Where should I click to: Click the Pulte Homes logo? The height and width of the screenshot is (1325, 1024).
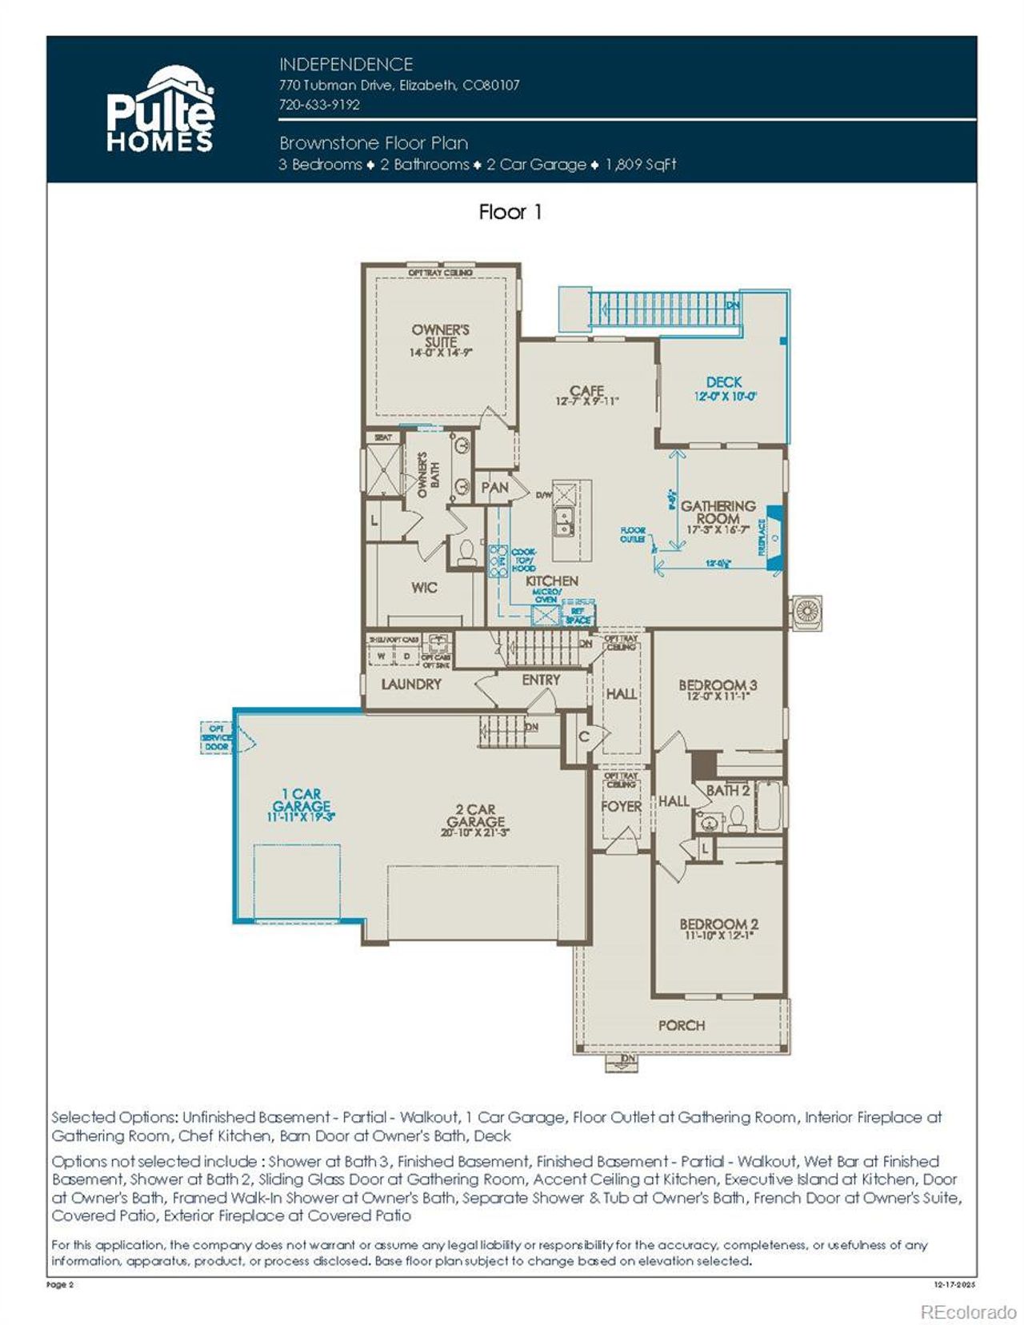(160, 110)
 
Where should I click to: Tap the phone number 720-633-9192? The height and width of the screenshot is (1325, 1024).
(319, 105)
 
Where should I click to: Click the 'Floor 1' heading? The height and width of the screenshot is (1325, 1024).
(510, 212)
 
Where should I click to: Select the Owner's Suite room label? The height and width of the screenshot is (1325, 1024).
(440, 337)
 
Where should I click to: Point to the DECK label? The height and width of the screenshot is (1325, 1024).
(724, 382)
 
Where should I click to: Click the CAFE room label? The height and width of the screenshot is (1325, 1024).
(586, 391)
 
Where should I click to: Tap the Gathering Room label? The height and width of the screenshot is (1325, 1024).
(718, 512)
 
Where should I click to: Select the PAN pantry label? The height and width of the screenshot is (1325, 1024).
(494, 487)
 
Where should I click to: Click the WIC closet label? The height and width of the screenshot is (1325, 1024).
(424, 588)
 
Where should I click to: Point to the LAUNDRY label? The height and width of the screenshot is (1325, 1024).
(411, 684)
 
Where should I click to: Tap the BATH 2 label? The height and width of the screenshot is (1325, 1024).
(727, 791)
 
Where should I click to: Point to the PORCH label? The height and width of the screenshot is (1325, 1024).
(682, 1025)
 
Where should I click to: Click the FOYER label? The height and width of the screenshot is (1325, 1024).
(621, 807)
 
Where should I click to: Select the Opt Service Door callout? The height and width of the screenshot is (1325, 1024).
(217, 737)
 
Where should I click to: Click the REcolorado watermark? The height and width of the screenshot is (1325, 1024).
(968, 1312)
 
